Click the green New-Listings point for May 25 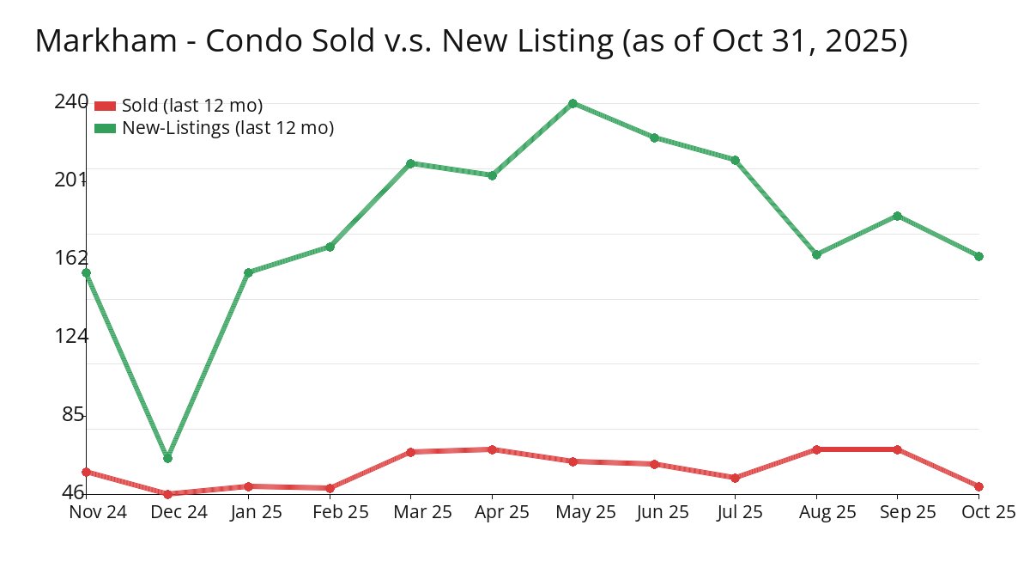pyautogui.click(x=573, y=103)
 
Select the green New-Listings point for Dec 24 pyautogui.click(x=167, y=458)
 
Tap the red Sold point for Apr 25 pyautogui.click(x=492, y=449)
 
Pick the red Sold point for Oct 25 pyautogui.click(x=978, y=486)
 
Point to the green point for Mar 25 pyautogui.click(x=410, y=163)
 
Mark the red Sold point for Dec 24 pyautogui.click(x=167, y=494)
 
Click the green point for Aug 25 pyautogui.click(x=816, y=254)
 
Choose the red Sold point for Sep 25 pyautogui.click(x=897, y=449)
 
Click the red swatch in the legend pyautogui.click(x=105, y=106)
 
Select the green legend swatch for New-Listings pyautogui.click(x=105, y=128)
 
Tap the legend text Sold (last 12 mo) pyautogui.click(x=192, y=106)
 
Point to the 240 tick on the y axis pyautogui.click(x=70, y=101)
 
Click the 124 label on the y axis pyautogui.click(x=70, y=336)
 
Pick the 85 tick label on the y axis pyautogui.click(x=75, y=414)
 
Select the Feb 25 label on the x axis pyautogui.click(x=330, y=512)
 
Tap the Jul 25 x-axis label pyautogui.click(x=736, y=512)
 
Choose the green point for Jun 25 pyautogui.click(x=654, y=137)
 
